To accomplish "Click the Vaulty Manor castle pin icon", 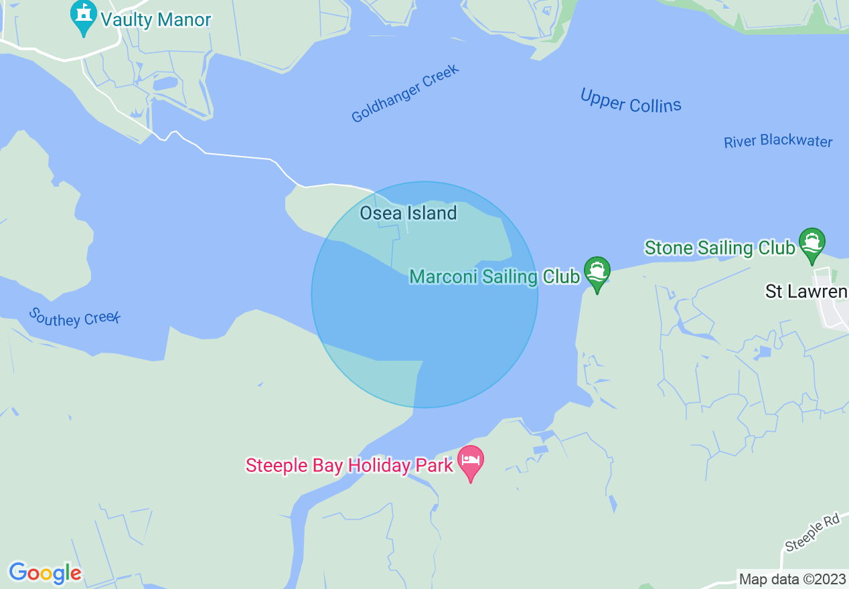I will pyautogui.click(x=84, y=19).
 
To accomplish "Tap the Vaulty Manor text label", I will pyautogui.click(x=156, y=19).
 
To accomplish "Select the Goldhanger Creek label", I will pyautogui.click(x=406, y=94).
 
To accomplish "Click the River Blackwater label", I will pyautogui.click(x=778, y=141).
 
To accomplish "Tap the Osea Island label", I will pyautogui.click(x=408, y=214).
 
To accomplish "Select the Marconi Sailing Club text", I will pyautogui.click(x=494, y=276).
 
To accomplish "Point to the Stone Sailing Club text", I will pyautogui.click(x=720, y=248).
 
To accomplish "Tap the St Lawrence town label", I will pyautogui.click(x=806, y=292).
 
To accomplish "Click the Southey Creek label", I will pyautogui.click(x=74, y=317).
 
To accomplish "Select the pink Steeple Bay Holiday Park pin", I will pyautogui.click(x=471, y=462).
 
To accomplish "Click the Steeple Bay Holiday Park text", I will pyautogui.click(x=350, y=465).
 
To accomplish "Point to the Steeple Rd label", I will pyautogui.click(x=813, y=533).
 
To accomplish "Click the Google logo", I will pyautogui.click(x=45, y=573).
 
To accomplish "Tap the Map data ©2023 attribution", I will pyautogui.click(x=791, y=578).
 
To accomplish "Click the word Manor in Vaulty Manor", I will pyautogui.click(x=184, y=19).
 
